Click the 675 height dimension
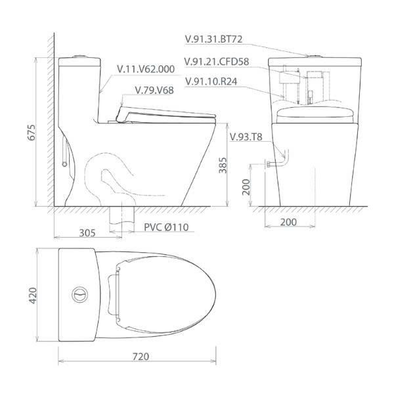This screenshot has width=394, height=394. (32, 132)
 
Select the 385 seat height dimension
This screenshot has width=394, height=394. (223, 165)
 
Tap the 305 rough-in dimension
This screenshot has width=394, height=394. (87, 232)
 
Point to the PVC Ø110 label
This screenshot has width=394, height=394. (166, 227)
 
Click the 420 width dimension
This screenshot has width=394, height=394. (33, 295)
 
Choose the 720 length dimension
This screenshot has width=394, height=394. (141, 357)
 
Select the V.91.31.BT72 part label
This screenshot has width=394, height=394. (213, 39)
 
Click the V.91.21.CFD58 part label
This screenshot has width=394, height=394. (217, 62)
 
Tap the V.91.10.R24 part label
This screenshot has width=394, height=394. (211, 81)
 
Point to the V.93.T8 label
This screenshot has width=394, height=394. (246, 137)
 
